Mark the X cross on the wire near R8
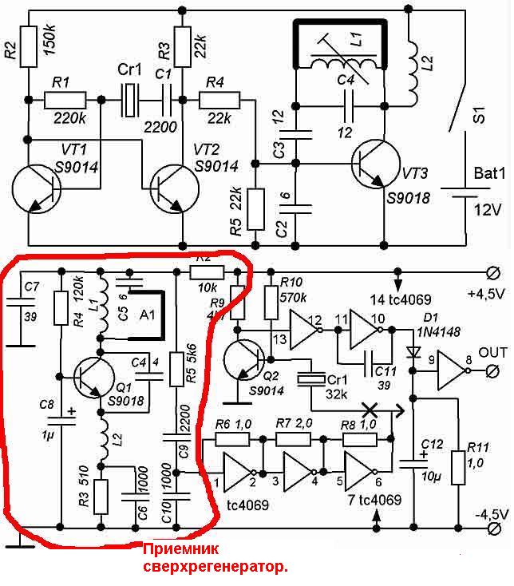coord(370,408)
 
